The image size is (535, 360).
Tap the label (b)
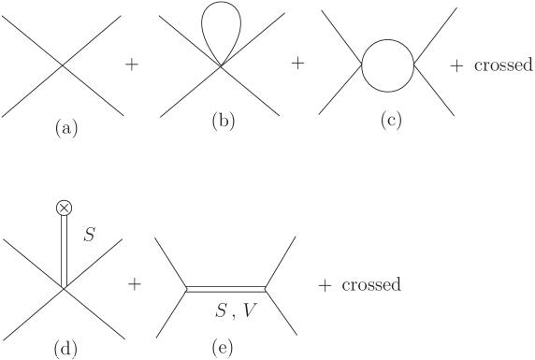[221, 121]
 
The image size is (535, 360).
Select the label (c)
[390, 121]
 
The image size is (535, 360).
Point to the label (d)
[64, 349]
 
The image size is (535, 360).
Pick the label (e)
[222, 349]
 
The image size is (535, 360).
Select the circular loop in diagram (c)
[387, 65]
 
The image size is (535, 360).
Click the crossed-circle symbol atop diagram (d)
[64, 207]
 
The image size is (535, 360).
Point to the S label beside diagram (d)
[89, 236]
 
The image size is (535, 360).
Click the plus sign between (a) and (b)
[133, 65]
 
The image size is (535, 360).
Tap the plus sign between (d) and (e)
[134, 284]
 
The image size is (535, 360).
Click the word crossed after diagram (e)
[370, 284]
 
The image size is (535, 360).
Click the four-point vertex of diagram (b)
[221, 65]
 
